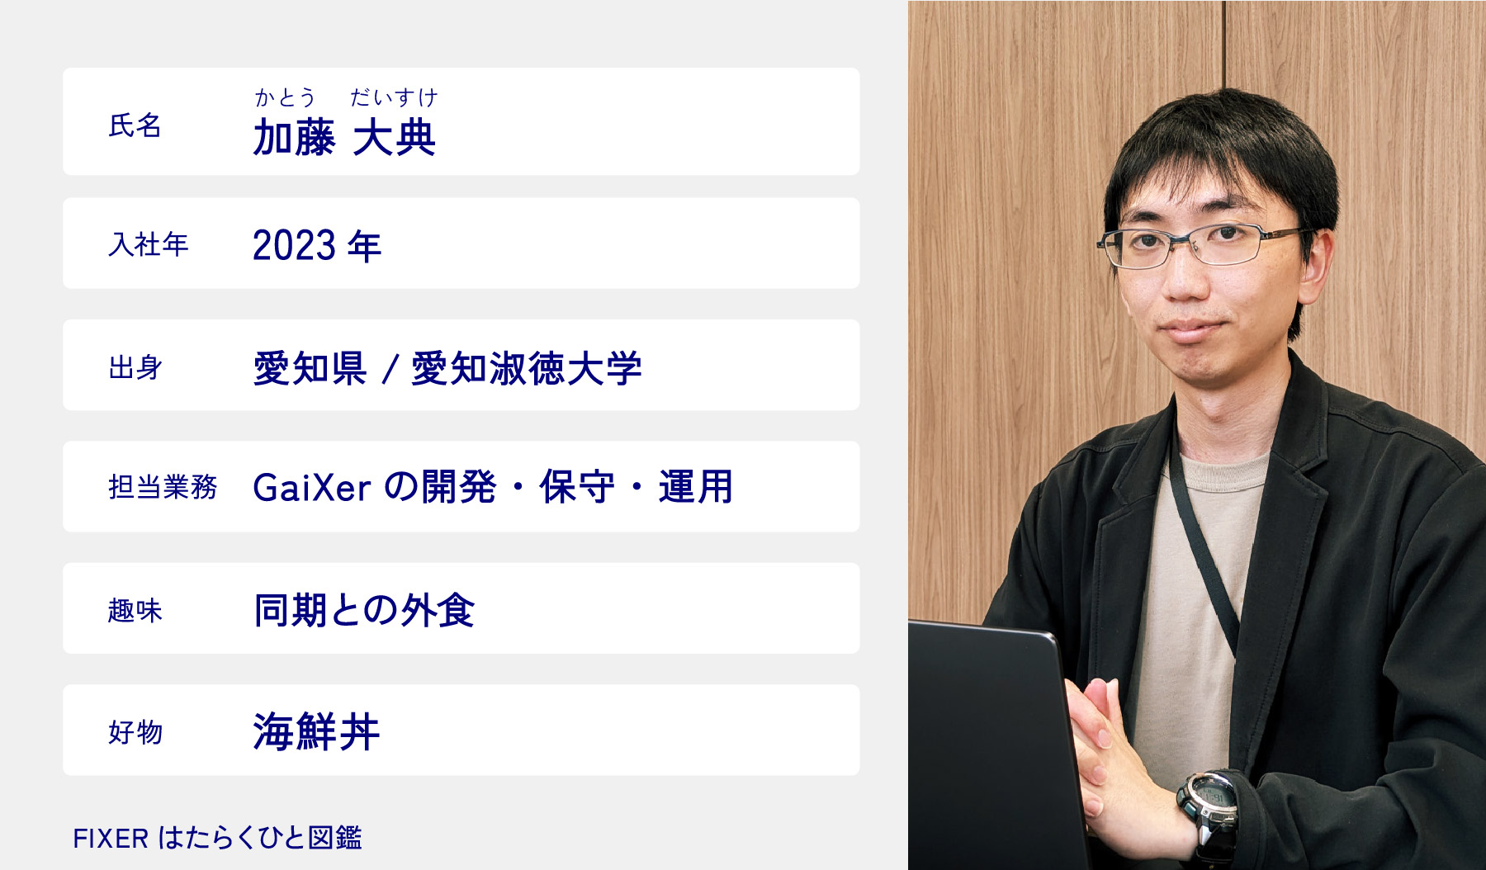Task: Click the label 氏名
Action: [x=135, y=125]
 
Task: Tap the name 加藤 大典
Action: [x=344, y=137]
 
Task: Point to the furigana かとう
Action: [x=285, y=97]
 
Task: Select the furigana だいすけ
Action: [x=394, y=97]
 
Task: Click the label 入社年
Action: [x=149, y=244]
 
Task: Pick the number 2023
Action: [x=294, y=246]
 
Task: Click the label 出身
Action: [x=135, y=367]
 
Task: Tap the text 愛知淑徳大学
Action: [x=527, y=368]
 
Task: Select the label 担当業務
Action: [x=163, y=487]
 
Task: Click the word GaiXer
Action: [x=312, y=488]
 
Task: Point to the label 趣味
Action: [x=135, y=611]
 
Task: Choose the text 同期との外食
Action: [x=364, y=611]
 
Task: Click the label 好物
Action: [x=135, y=732]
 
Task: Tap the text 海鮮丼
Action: [x=316, y=732]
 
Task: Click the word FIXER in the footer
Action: [x=111, y=839]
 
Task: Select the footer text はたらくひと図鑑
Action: [x=260, y=838]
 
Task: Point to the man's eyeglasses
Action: [x=1205, y=245]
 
